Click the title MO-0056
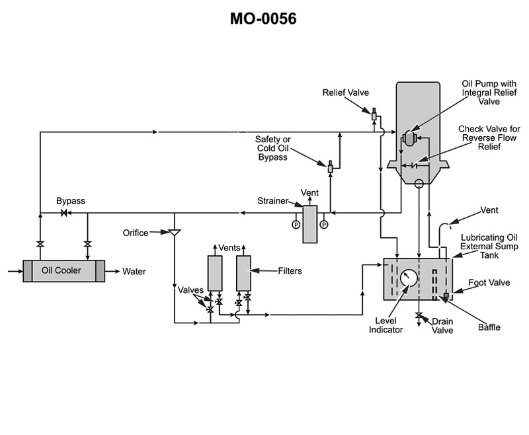tap(263, 19)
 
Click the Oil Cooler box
tap(63, 271)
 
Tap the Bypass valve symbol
tap(63, 213)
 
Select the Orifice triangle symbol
tap(175, 232)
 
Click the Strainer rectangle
tap(309, 224)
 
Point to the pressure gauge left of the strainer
tap(296, 224)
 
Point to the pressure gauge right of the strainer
tap(324, 224)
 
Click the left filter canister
tap(215, 273)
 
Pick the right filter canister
tap(243, 273)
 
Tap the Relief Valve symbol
tap(374, 114)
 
